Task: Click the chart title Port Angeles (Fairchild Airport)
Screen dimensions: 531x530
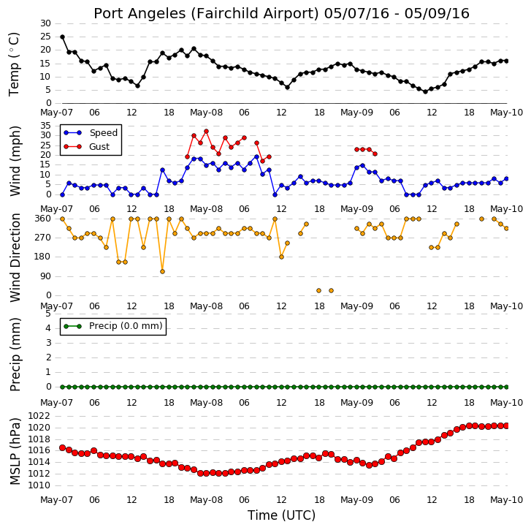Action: (206, 14)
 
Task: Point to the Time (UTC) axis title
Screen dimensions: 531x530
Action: (281, 515)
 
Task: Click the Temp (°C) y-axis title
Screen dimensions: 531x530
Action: (14, 64)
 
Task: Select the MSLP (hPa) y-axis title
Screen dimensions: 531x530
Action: (15, 451)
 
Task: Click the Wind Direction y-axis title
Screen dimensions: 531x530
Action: (15, 257)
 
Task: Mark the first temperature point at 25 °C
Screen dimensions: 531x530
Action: (62, 37)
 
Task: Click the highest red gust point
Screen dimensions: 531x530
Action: (206, 131)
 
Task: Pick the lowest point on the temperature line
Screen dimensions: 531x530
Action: (425, 91)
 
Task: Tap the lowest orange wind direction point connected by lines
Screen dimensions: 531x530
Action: (163, 271)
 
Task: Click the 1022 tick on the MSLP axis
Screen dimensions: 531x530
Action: (39, 416)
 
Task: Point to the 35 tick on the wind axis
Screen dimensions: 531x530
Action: (45, 126)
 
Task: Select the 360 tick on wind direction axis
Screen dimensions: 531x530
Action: (42, 219)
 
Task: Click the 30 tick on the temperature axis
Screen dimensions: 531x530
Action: (45, 23)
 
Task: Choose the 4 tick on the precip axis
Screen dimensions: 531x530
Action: (48, 328)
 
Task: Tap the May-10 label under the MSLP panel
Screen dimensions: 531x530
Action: (507, 500)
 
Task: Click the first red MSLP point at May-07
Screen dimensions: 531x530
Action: (62, 447)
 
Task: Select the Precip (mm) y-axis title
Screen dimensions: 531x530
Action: (15, 355)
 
